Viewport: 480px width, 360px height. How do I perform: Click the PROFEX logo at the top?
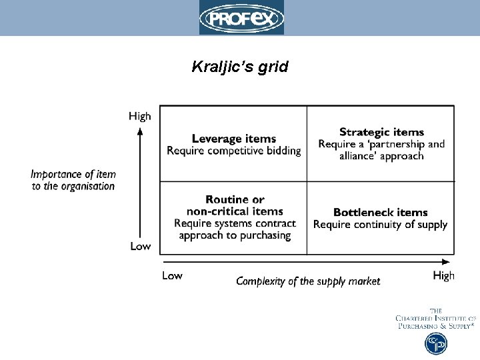tap(241, 17)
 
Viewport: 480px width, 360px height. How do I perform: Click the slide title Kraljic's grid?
tap(240, 67)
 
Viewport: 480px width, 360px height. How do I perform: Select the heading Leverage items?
tap(233, 139)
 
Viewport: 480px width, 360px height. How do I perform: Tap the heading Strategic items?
tap(381, 132)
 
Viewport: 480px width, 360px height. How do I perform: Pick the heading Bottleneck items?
tap(380, 213)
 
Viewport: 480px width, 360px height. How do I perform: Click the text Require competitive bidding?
tap(233, 151)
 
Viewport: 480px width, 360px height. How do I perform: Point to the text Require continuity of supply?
tap(380, 225)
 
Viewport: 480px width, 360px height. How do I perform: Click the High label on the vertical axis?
tap(140, 116)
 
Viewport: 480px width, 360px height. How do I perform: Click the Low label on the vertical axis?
tap(140, 246)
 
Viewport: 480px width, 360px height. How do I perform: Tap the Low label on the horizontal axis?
tap(172, 275)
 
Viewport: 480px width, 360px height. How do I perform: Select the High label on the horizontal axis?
tap(443, 275)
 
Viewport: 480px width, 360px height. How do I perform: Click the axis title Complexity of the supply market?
tap(308, 281)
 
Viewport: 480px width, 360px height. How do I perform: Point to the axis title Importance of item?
tap(73, 175)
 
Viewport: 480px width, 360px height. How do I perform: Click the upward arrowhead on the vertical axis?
tap(140, 130)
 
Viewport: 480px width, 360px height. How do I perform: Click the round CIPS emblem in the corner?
tap(436, 343)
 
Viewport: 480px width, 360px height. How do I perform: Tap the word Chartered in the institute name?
tap(419, 319)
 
